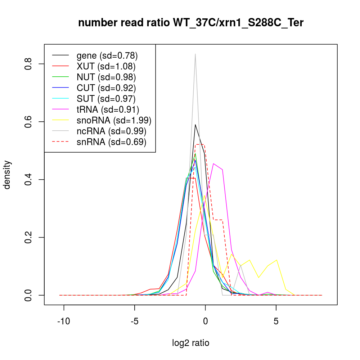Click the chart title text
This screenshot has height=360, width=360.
191,23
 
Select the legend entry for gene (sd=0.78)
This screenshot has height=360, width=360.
107,55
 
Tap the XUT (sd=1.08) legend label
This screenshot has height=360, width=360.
106,66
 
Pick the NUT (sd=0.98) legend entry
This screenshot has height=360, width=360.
106,77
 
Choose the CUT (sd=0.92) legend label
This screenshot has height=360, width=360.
106,88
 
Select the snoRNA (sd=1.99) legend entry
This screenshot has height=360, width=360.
114,120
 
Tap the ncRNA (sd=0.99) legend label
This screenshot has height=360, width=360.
111,131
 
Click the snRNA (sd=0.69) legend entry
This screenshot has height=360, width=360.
111,142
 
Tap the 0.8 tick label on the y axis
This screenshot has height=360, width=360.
28,64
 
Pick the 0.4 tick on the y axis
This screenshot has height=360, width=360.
28,180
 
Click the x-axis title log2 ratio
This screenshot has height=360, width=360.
191,343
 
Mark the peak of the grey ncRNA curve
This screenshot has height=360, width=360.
195,54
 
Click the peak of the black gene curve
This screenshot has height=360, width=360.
195,125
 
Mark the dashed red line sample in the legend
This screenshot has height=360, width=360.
60,142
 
